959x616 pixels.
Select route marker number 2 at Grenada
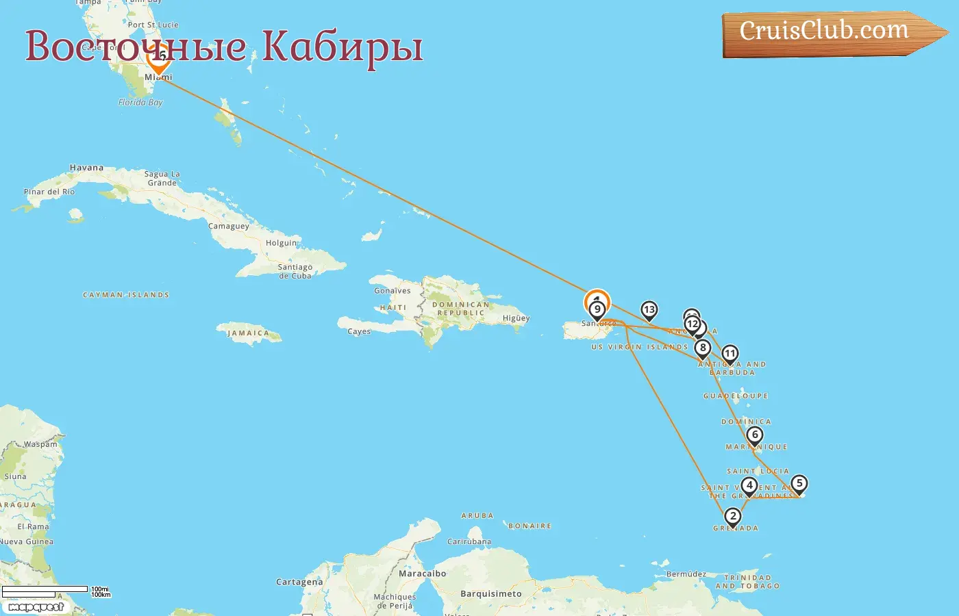point(733,517)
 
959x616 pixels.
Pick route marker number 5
point(799,484)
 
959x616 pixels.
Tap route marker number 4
point(749,486)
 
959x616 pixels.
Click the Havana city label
point(86,168)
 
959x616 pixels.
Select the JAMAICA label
point(248,333)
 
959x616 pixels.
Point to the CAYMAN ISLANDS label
point(126,295)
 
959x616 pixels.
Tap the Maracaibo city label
point(422,574)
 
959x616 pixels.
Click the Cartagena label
point(299,582)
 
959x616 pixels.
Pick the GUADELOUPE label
point(736,396)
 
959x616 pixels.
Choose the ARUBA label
point(477,515)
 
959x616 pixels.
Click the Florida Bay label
point(140,103)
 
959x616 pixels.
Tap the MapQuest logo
point(36,607)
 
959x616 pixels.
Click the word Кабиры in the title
point(342,47)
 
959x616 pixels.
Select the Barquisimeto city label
point(490,594)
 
